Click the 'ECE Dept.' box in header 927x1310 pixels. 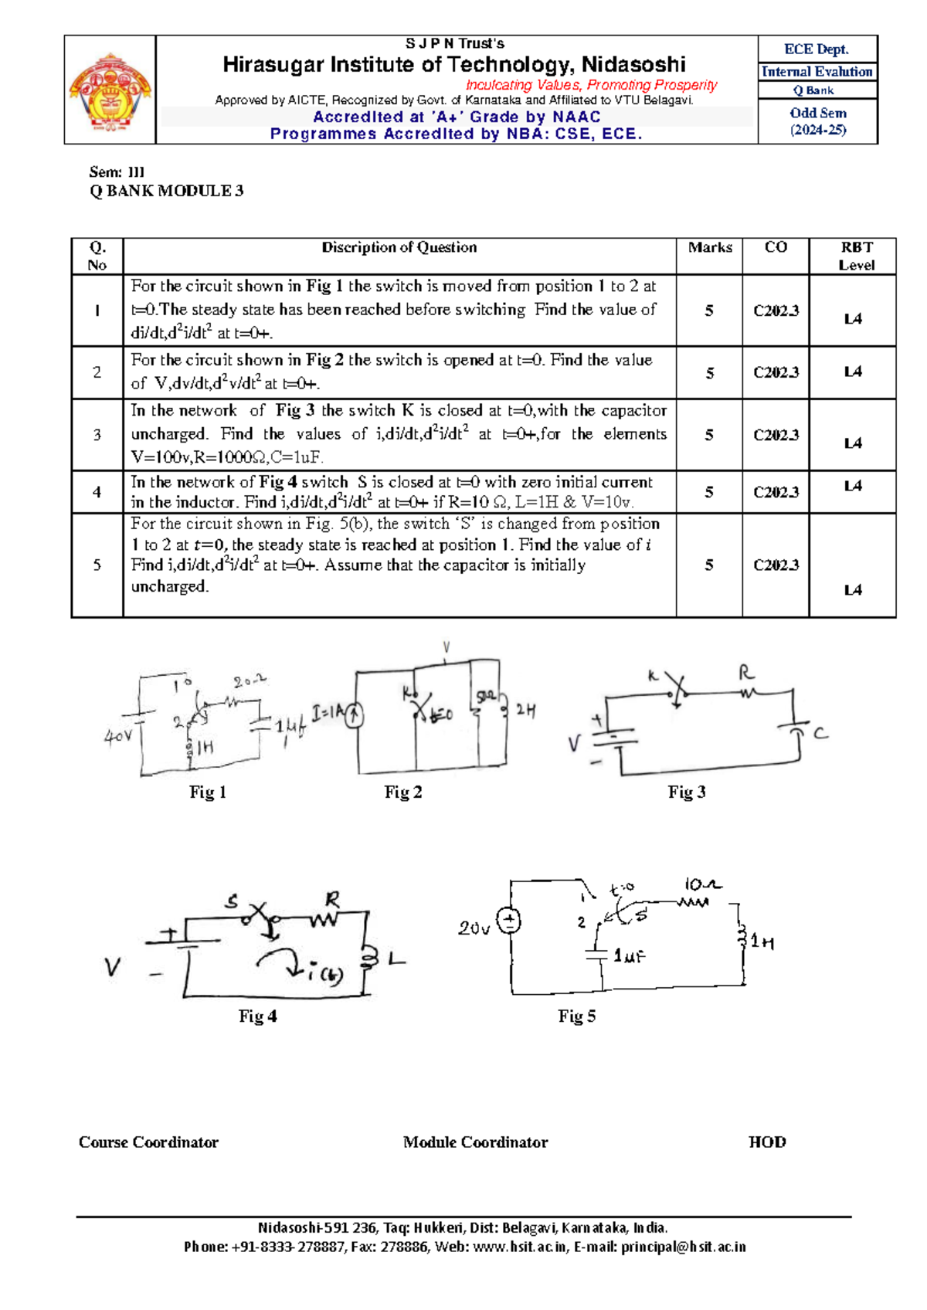tap(817, 49)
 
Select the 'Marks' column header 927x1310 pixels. tap(710, 248)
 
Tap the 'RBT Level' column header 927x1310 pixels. tap(856, 256)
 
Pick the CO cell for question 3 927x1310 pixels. tap(776, 435)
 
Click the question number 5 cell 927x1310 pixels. tap(97, 565)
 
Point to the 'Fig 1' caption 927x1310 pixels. tap(208, 792)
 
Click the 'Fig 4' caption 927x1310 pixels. tap(257, 1016)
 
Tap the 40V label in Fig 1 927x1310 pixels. tap(118, 736)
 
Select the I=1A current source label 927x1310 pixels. tap(327, 712)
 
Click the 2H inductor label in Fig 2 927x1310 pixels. tap(525, 709)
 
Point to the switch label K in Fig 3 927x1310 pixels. tap(653, 677)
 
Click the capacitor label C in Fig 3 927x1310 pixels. tap(820, 732)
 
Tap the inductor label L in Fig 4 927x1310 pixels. tap(396, 959)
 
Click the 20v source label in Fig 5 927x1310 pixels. tap(474, 928)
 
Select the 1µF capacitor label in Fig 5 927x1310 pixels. tap(629, 956)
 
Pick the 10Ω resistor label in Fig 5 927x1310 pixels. tap(702, 884)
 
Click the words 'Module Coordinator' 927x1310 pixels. tap(475, 1142)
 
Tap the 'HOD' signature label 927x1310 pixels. tap(767, 1142)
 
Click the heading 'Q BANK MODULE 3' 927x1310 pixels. tap(167, 191)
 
